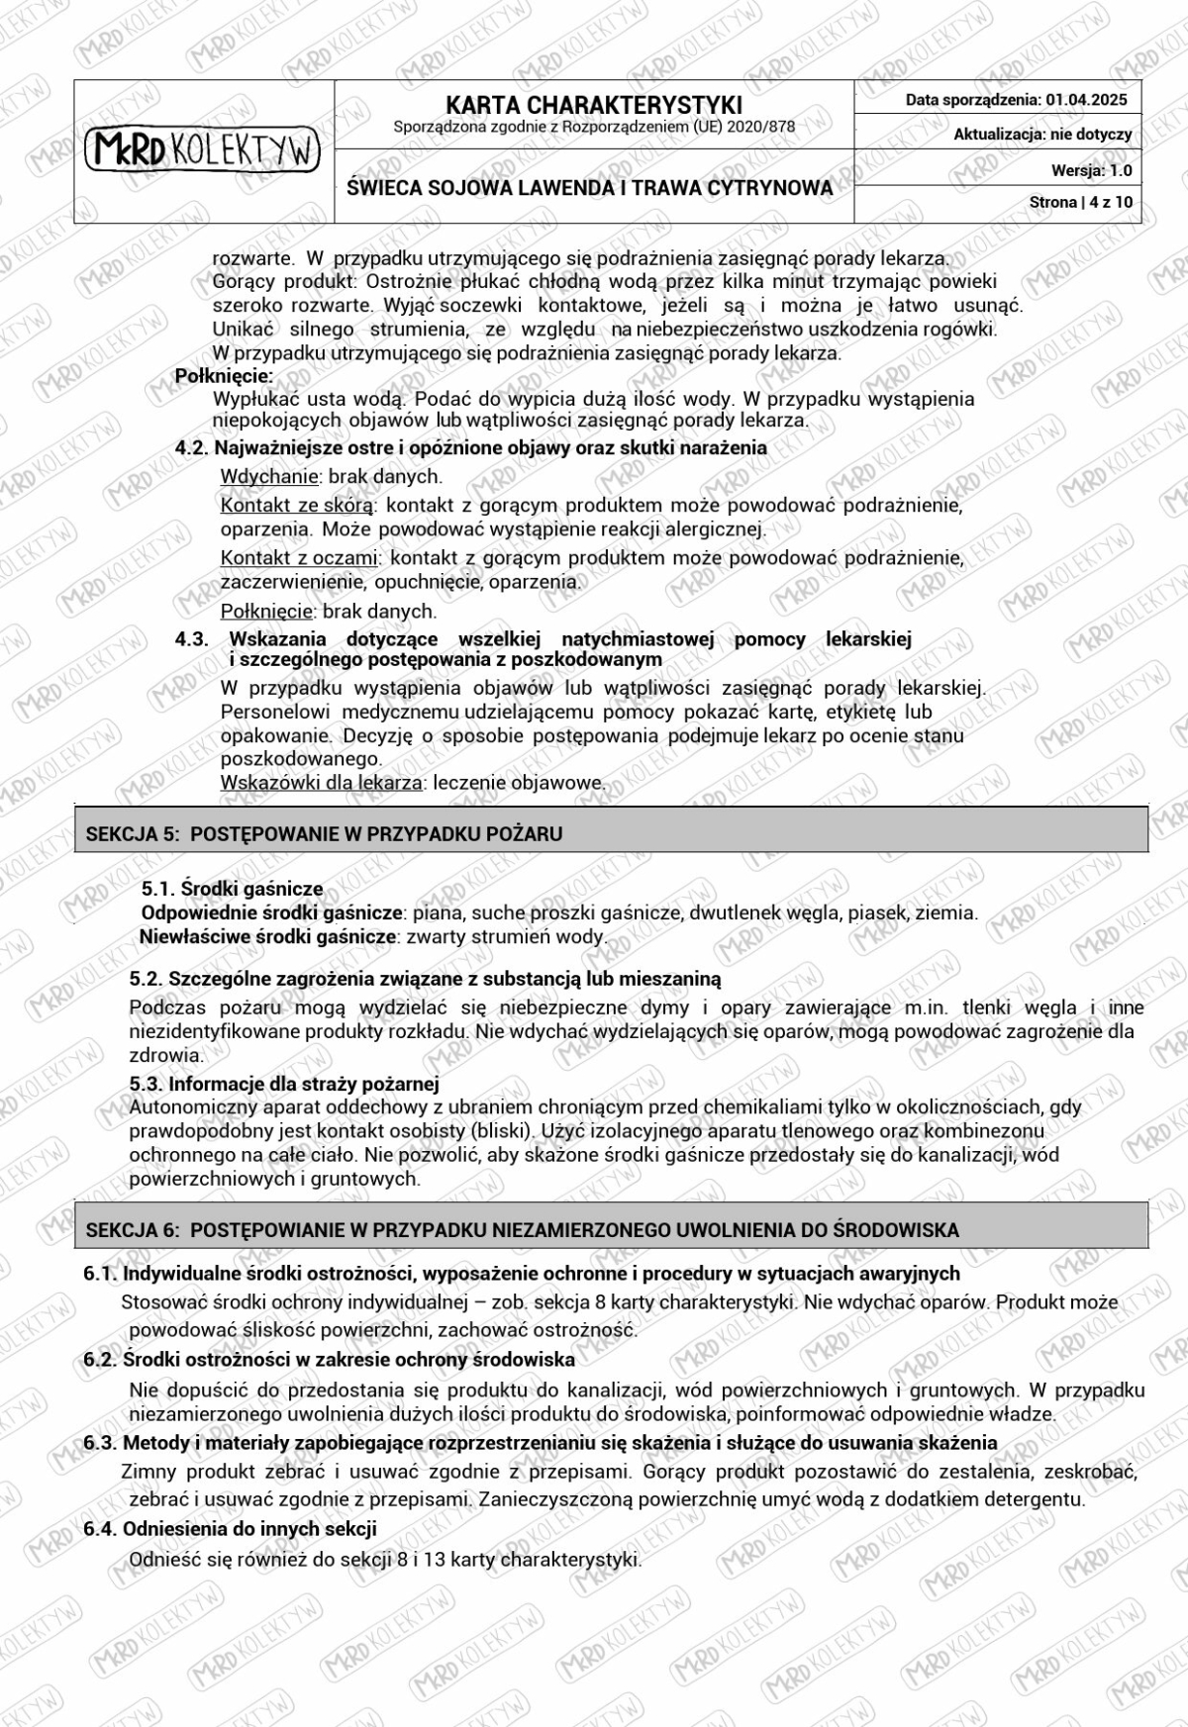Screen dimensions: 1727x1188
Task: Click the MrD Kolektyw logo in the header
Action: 203,150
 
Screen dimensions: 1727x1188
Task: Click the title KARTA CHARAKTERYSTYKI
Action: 593,105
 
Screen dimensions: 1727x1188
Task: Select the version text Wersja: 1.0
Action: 1091,170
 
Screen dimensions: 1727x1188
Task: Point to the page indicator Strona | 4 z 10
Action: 1081,202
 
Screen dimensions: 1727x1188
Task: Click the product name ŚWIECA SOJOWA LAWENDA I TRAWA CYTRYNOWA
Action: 590,187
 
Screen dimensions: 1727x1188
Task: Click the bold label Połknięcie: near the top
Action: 224,376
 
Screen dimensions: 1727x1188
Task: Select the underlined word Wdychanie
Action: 269,476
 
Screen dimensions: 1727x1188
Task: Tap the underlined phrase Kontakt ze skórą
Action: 297,506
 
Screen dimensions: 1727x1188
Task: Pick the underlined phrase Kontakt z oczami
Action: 299,557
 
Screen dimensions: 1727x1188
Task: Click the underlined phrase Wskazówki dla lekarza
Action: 321,782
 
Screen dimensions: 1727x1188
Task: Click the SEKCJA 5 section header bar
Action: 611,833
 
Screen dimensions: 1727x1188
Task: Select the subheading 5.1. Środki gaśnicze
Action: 232,889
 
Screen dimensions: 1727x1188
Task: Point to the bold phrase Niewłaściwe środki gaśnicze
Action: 267,936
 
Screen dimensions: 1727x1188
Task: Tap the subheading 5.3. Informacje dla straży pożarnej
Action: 284,1084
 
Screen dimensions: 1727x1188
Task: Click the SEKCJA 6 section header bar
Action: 611,1229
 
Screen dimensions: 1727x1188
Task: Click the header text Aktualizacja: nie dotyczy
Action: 1042,135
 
